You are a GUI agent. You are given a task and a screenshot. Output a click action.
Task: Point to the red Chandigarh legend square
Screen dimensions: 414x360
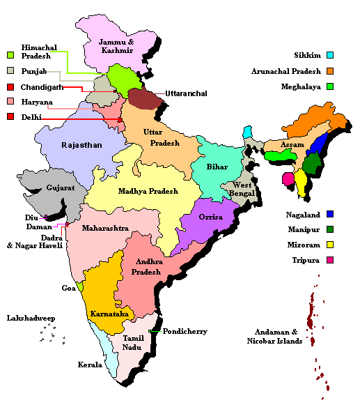[10, 87]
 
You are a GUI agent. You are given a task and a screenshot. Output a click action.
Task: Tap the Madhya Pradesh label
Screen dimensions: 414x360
[148, 190]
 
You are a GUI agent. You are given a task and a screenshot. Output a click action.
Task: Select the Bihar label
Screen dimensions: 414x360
[217, 167]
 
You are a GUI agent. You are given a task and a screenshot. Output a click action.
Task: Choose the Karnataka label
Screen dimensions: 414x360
[109, 314]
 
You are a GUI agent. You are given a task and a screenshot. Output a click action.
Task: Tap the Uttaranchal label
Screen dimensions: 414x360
[186, 93]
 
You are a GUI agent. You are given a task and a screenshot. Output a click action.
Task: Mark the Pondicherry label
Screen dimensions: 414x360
[185, 332]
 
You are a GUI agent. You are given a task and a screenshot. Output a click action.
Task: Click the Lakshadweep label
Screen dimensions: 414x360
[31, 318]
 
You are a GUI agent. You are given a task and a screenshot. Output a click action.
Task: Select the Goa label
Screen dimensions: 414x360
[68, 287]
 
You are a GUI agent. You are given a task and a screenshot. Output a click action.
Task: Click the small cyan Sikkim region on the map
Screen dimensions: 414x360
[247, 132]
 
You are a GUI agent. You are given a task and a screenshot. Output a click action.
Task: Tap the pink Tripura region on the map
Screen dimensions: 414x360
[287, 179]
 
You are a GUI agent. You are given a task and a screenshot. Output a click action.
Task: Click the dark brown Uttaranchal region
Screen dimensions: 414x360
[146, 99]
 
